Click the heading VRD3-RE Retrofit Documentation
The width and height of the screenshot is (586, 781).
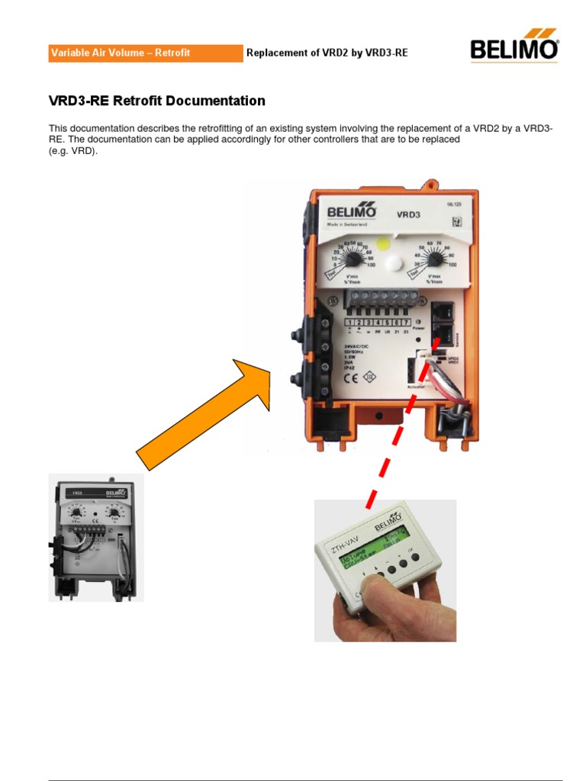click(x=157, y=101)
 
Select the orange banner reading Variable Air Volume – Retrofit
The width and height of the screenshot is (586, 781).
click(x=146, y=53)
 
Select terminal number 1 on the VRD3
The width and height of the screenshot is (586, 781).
click(x=349, y=323)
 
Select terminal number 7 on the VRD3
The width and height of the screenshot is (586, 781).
click(x=417, y=323)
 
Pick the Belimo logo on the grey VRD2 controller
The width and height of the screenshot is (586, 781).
click(x=117, y=493)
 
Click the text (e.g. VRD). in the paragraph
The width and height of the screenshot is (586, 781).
click(x=73, y=151)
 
